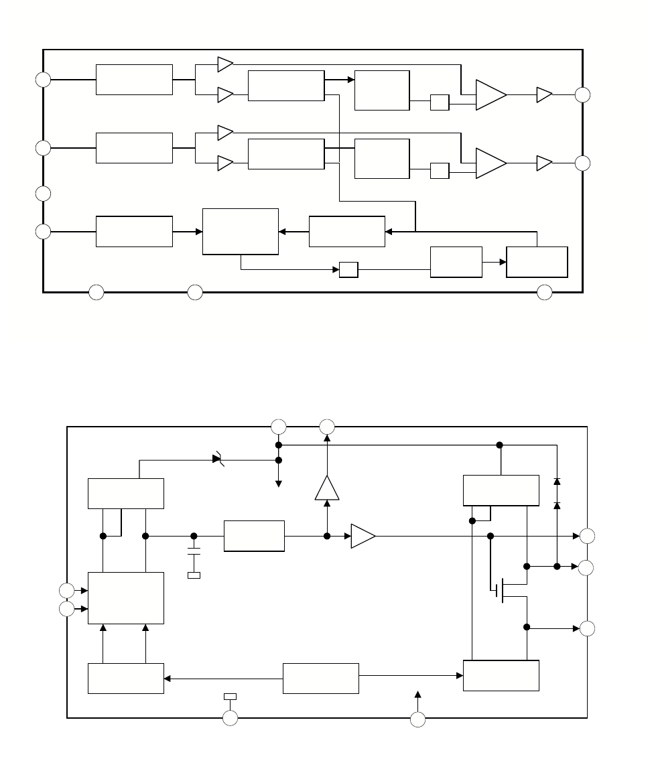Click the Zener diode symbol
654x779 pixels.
click(218, 459)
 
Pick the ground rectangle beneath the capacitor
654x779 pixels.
click(194, 575)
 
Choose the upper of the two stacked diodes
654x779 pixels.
click(557, 481)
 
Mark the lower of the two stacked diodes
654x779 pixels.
click(557, 505)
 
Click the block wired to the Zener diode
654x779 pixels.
click(126, 494)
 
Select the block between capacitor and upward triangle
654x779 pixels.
click(254, 536)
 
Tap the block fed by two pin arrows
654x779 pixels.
click(126, 598)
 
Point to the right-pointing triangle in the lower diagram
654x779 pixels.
click(363, 536)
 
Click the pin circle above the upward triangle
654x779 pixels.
click(327, 426)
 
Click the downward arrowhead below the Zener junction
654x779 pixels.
click(278, 483)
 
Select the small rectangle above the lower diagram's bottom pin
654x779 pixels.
click(230, 697)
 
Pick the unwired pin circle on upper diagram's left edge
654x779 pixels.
click(43, 194)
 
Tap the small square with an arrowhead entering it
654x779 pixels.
click(348, 270)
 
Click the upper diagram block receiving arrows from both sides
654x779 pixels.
click(240, 231)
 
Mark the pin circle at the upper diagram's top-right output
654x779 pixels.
click(583, 94)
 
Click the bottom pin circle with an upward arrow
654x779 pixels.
click(417, 719)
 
